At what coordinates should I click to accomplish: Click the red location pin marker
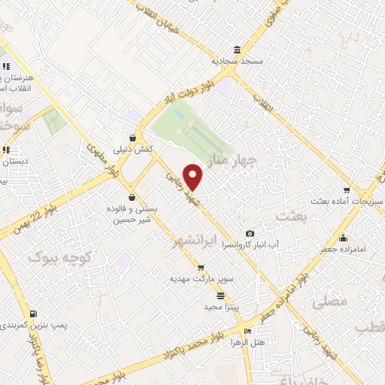pos(193,177)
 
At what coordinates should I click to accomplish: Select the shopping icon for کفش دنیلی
pos(132,138)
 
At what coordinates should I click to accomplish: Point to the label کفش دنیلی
pos(132,149)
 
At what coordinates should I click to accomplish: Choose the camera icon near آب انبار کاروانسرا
pos(250,234)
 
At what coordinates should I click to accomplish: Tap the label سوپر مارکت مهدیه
pos(200,278)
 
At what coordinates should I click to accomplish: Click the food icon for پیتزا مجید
pos(220,296)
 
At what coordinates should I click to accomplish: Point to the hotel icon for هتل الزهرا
pos(248,331)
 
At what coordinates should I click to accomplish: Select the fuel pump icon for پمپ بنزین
pos(32,314)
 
